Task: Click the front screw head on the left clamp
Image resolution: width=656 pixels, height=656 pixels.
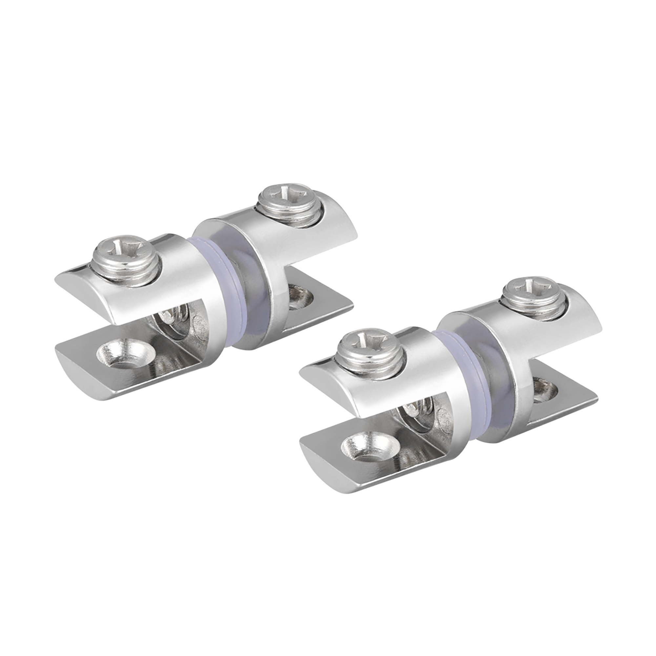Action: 126,260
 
